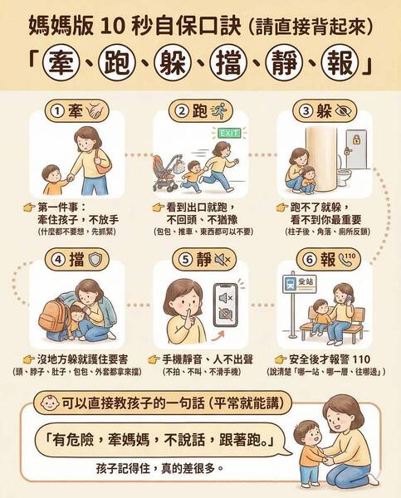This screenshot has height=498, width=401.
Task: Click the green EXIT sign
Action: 229,134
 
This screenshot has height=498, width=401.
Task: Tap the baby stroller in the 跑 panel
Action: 166,173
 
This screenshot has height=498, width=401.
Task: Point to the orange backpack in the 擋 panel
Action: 53,315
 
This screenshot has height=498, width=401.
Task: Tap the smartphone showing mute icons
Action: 226,305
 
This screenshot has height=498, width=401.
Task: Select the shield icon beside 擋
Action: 95,260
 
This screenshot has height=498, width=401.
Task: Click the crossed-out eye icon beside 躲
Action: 343,111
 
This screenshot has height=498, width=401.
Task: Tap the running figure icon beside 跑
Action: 218,111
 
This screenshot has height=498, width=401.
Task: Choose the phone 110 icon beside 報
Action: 347,259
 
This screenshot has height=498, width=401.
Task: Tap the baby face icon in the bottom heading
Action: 50,403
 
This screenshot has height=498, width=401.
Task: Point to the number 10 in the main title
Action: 110,27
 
